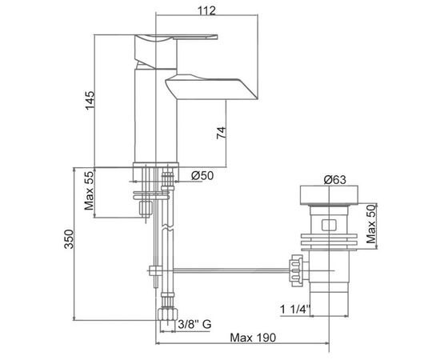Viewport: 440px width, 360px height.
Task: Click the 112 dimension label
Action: (x=207, y=10)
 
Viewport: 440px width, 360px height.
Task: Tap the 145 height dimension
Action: (x=90, y=101)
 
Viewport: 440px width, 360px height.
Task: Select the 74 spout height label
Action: (x=221, y=133)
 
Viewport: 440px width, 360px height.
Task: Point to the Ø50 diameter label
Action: (x=202, y=176)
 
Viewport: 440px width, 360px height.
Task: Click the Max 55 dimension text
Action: (x=90, y=191)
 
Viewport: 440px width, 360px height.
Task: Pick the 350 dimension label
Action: (x=69, y=239)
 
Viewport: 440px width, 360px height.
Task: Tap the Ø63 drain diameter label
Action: (x=334, y=179)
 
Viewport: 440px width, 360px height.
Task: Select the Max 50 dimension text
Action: (x=371, y=224)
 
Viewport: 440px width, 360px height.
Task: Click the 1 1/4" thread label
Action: (x=295, y=310)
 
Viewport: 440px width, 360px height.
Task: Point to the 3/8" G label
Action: (x=194, y=325)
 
